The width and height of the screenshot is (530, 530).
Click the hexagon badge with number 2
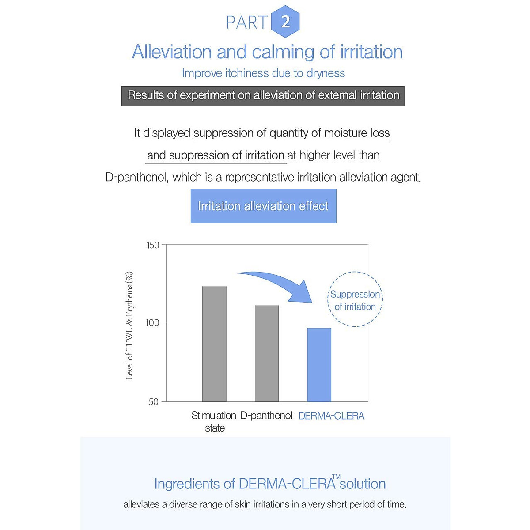point(285,22)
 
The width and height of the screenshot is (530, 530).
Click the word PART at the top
point(246,23)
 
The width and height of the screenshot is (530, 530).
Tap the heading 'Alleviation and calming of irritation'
point(267,52)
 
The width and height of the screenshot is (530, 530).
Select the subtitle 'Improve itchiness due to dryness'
point(263,73)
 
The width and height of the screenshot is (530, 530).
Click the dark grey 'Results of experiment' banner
point(263,95)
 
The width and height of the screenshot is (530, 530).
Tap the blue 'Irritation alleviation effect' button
point(263,206)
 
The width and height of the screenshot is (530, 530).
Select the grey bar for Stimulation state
point(214,344)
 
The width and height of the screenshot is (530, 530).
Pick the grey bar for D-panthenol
point(267,353)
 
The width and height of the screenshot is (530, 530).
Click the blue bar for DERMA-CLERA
point(319,365)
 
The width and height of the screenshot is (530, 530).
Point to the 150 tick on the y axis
point(153,245)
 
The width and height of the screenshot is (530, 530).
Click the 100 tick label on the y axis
point(152,323)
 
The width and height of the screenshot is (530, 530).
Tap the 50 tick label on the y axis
point(153,402)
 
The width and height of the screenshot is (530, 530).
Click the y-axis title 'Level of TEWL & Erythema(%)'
point(129,326)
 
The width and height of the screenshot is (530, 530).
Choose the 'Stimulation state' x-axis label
point(214,421)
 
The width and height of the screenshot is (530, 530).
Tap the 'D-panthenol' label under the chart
point(266,416)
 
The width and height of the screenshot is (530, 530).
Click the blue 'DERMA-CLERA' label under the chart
point(331,416)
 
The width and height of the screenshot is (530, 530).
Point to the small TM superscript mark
point(336,477)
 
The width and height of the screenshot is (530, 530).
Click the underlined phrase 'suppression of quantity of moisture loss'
point(291,133)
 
